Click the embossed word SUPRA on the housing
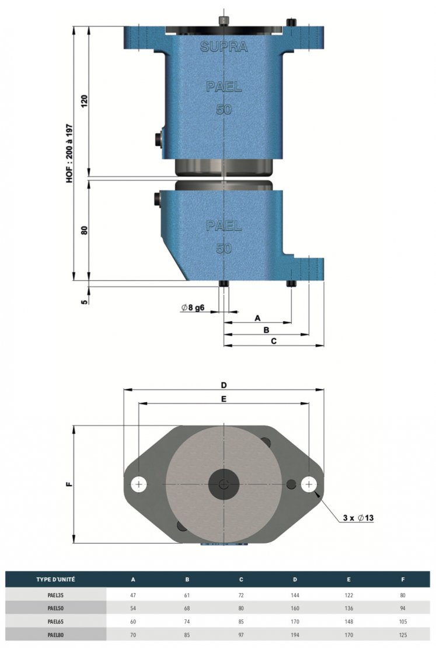[224, 47]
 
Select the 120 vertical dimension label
[84, 101]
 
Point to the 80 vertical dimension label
[84, 230]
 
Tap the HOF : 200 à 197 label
[69, 154]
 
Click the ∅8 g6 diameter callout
[193, 308]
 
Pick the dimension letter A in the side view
[257, 318]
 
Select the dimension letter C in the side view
[274, 341]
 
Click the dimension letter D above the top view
[224, 385]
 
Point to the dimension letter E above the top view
[224, 399]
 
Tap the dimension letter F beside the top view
[69, 484]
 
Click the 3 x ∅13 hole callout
[358, 518]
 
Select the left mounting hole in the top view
[139, 485]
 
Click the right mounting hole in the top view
[309, 485]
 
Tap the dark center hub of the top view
[224, 485]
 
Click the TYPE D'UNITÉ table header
[56, 579]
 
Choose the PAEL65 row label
[56, 622]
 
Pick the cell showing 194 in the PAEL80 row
[295, 635]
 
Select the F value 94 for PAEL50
[403, 608]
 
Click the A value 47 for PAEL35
[133, 595]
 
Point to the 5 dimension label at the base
[84, 302]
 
